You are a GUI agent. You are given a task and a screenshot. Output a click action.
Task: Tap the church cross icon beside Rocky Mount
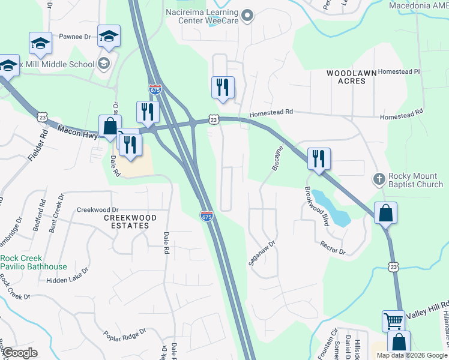coord(379,179)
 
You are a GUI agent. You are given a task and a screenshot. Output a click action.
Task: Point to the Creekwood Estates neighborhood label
coord(125,221)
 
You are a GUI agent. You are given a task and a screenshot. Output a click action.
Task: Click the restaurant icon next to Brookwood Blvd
coord(319,159)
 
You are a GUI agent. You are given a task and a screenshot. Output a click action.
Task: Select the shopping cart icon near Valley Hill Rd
coord(393,321)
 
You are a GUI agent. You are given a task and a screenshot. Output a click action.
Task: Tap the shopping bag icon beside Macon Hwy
coord(110,127)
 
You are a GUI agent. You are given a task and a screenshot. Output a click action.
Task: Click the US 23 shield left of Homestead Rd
coord(214,119)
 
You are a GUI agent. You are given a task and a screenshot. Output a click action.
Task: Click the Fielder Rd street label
coord(37,153)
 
